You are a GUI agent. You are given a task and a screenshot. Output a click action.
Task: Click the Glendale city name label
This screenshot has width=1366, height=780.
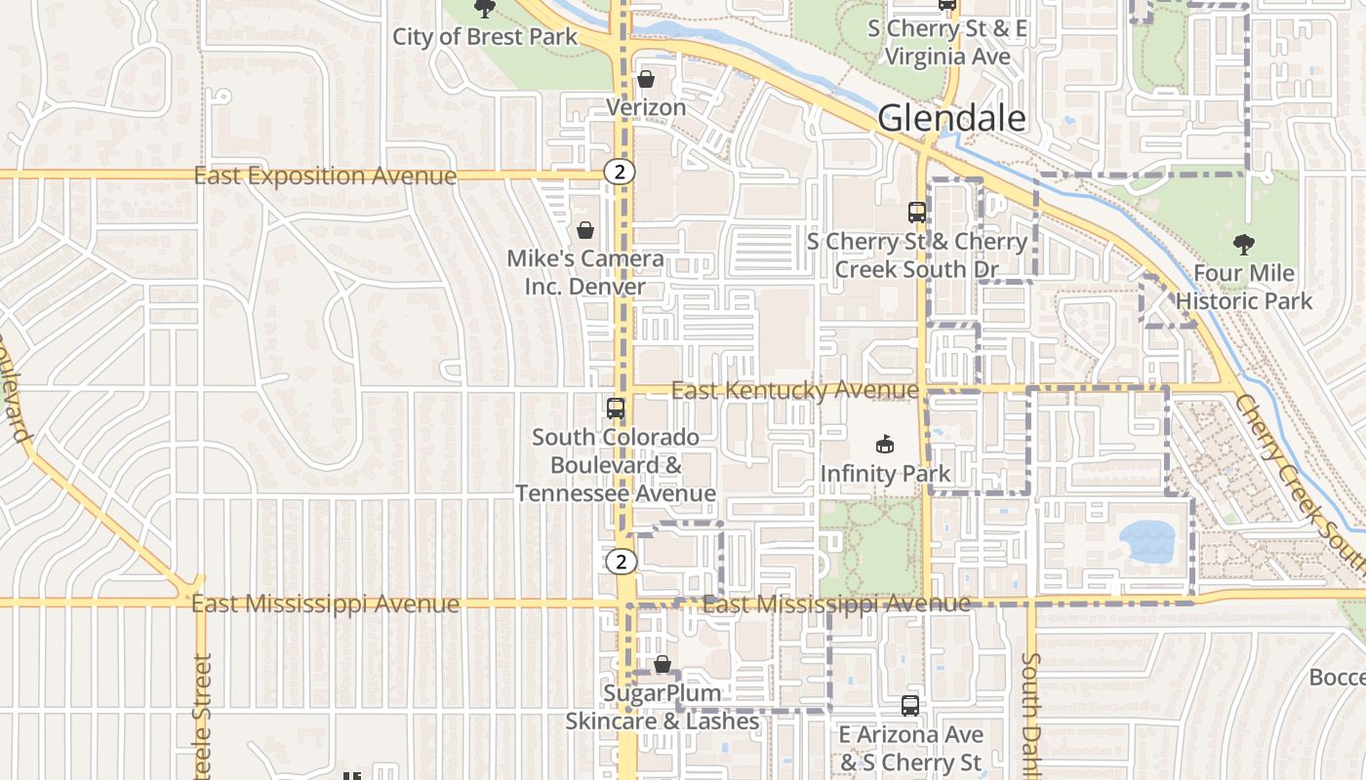click(x=951, y=118)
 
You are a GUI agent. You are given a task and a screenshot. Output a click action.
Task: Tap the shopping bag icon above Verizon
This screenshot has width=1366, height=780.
click(x=645, y=79)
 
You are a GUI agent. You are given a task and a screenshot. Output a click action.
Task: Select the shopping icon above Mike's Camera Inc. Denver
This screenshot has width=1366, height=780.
click(x=584, y=230)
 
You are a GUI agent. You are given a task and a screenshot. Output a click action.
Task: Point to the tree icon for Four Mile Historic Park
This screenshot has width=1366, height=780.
click(x=1243, y=244)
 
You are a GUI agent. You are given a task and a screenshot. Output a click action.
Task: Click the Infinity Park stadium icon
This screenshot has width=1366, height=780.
click(x=884, y=445)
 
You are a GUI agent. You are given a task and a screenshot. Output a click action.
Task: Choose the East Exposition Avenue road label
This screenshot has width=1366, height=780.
click(x=325, y=176)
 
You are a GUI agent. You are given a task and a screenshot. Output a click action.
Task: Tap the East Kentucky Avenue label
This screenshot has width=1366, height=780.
click(x=794, y=391)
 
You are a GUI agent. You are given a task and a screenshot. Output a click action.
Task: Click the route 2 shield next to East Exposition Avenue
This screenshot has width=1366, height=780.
click(x=619, y=173)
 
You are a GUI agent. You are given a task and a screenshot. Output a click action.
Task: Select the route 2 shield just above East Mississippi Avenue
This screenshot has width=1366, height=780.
click(x=621, y=562)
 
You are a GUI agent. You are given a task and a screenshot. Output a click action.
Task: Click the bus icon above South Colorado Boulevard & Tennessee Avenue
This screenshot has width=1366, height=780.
click(x=615, y=409)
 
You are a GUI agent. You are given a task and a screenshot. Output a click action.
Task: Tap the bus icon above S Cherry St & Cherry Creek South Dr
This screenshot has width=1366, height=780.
click(x=916, y=212)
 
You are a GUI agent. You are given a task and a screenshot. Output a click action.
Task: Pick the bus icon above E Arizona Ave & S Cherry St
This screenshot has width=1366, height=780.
click(x=909, y=705)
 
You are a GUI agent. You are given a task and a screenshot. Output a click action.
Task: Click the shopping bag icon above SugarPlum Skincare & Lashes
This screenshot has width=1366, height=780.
click(x=663, y=664)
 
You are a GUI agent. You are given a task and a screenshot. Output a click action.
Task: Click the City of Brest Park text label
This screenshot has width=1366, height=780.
click(x=485, y=37)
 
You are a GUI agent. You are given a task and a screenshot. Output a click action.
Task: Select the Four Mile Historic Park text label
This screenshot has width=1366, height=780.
click(x=1244, y=287)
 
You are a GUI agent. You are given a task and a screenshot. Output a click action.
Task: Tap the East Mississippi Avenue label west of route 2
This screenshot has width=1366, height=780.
click(x=325, y=604)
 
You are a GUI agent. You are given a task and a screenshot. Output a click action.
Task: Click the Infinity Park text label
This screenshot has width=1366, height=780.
click(x=885, y=475)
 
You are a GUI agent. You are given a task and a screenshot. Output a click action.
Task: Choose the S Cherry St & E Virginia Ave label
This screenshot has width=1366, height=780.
click(x=946, y=43)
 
